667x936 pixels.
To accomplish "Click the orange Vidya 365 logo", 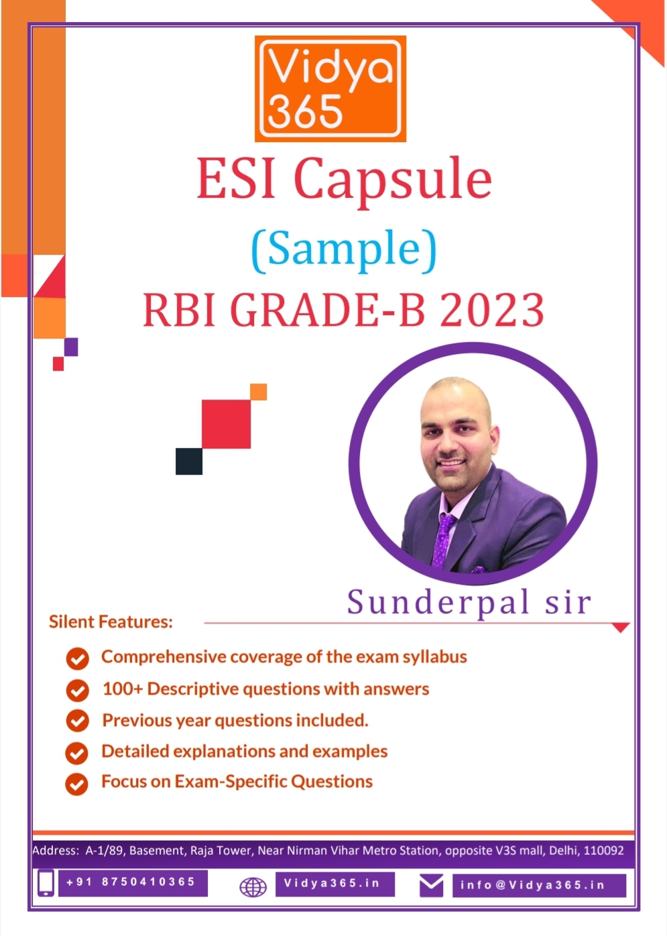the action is point(330,89).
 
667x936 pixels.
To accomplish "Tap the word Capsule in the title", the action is point(393,181).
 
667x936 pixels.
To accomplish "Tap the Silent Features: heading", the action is point(111,622).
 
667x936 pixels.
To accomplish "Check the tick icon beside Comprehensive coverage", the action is point(77,659).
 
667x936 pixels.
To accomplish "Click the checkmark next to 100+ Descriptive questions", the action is point(77,691).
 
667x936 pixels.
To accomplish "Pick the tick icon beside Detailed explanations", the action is point(77,753).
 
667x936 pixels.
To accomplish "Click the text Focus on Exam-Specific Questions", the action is point(237,781).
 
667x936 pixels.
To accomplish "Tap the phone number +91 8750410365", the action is point(131,881).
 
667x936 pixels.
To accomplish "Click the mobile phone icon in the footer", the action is point(46,883).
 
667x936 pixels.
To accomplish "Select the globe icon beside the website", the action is point(253,887).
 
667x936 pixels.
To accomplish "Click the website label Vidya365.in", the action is point(332,882).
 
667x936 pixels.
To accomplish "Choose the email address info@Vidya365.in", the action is point(532,885).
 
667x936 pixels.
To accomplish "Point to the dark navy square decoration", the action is point(189,461).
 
